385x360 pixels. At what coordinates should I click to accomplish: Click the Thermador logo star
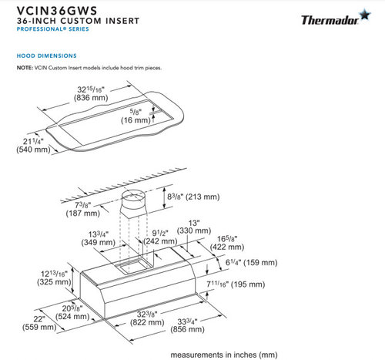[365, 15]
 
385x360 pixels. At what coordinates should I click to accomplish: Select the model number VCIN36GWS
[57, 11]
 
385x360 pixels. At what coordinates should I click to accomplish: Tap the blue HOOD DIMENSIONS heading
[47, 56]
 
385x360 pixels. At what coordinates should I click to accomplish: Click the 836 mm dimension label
[91, 98]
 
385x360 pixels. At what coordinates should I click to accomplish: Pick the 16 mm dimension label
[136, 120]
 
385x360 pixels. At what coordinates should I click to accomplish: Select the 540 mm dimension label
[33, 150]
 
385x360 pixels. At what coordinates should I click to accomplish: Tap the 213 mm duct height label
[203, 197]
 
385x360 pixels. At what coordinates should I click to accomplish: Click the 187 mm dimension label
[83, 213]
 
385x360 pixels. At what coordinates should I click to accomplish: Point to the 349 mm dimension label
[99, 242]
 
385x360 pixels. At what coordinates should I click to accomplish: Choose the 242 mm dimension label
[160, 241]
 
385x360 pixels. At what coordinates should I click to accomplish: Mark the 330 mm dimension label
[194, 230]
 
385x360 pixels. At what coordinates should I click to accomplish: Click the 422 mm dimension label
[227, 247]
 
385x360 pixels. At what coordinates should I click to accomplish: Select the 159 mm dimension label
[260, 263]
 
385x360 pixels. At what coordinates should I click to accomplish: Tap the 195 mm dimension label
[248, 284]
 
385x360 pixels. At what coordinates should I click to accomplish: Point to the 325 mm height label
[54, 282]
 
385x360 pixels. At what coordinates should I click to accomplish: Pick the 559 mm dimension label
[39, 327]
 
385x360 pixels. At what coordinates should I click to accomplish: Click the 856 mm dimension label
[188, 329]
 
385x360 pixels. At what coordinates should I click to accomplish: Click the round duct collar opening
[133, 197]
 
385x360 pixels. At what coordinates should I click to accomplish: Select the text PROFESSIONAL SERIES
[53, 29]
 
